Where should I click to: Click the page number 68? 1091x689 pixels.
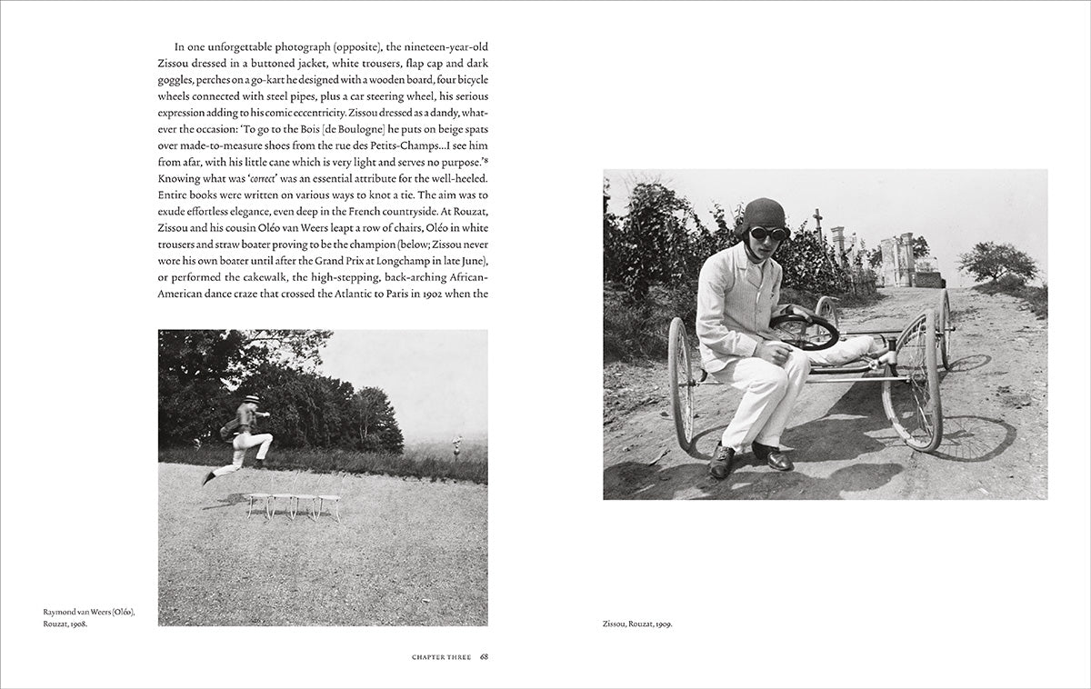(485, 656)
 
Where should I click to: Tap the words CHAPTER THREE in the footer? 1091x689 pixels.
(441, 656)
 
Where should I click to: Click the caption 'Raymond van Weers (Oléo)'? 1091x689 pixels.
(89, 612)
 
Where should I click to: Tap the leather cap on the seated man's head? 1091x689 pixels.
(764, 214)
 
